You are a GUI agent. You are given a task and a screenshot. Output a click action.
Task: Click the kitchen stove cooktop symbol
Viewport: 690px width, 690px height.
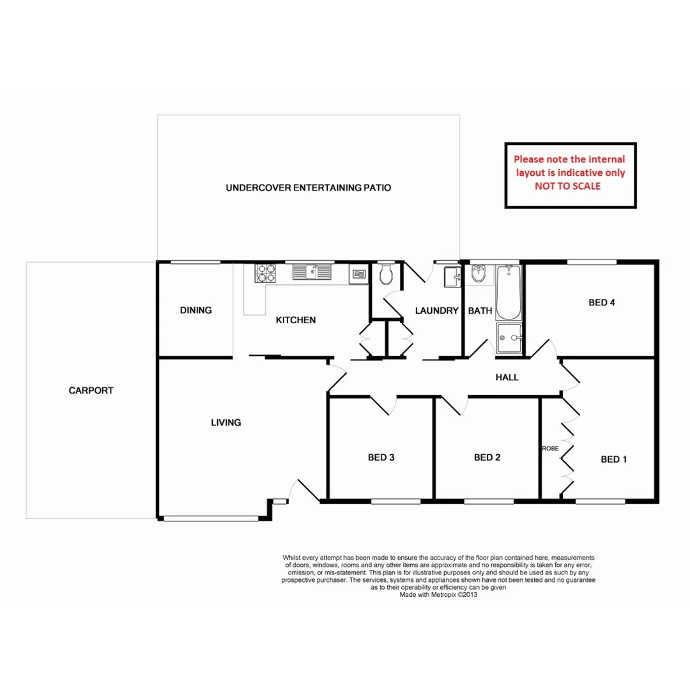[x=266, y=273]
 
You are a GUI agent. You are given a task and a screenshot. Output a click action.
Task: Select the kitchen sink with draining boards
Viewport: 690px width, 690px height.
[x=312, y=273]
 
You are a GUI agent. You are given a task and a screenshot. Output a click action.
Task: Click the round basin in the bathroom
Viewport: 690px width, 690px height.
[x=479, y=275]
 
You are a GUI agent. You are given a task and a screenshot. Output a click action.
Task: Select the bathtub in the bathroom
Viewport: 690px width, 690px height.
[x=509, y=293]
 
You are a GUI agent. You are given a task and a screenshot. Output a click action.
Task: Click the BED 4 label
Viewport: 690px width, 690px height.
[x=601, y=303]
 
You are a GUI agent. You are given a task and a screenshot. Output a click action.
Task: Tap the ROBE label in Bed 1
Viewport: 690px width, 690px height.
[x=550, y=448]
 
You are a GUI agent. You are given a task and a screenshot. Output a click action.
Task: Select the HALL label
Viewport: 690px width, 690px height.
[x=507, y=378]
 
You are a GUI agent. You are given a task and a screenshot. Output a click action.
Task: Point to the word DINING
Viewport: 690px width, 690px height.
[x=195, y=310]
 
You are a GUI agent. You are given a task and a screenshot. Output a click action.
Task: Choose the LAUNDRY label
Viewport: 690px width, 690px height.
[x=437, y=311]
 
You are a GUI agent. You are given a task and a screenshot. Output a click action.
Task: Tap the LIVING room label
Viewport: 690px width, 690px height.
[x=226, y=422]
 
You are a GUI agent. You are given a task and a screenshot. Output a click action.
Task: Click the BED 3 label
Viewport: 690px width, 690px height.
[x=381, y=457]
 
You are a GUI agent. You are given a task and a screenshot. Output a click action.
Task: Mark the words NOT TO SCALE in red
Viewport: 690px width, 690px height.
[x=571, y=186]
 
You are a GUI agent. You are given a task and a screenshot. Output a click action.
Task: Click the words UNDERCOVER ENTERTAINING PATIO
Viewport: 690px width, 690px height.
[x=308, y=188]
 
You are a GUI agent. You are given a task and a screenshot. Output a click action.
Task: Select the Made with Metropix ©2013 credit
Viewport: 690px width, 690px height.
[x=439, y=594]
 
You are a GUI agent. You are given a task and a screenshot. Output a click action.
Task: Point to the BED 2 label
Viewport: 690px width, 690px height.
[x=487, y=457]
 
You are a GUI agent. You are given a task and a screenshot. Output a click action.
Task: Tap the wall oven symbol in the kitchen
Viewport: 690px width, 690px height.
[x=358, y=275]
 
